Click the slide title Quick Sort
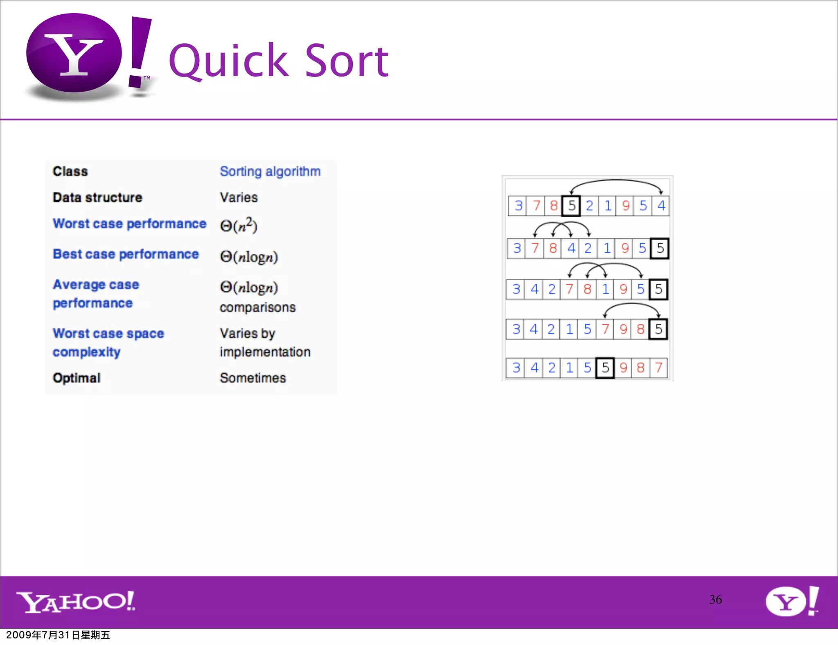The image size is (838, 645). (x=278, y=61)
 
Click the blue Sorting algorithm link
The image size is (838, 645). (x=270, y=171)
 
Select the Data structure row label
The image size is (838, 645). (x=97, y=197)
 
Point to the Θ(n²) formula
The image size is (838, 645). (x=239, y=225)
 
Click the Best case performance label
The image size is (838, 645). (x=126, y=254)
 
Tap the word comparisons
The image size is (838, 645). (x=257, y=307)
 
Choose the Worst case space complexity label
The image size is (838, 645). (x=108, y=343)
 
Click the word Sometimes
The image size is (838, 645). (x=252, y=378)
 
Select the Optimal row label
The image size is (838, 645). (x=77, y=378)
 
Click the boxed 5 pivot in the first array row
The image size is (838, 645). (x=571, y=206)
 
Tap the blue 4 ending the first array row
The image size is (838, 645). (x=661, y=206)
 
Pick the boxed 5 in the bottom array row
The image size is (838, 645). (x=605, y=368)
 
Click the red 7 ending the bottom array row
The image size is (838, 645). (x=658, y=368)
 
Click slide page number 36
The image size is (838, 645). (x=715, y=600)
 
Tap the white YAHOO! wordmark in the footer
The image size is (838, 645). (x=76, y=602)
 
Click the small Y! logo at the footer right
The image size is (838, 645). (x=792, y=601)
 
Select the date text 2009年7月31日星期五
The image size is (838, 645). (x=58, y=635)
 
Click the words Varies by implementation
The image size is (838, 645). (x=265, y=343)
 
